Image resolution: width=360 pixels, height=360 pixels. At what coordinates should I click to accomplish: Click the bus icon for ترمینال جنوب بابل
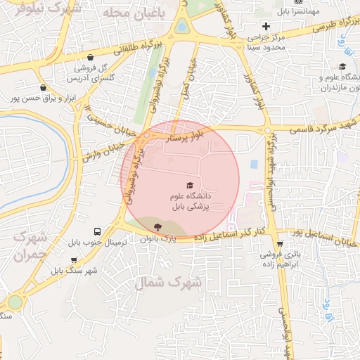pos(97,231)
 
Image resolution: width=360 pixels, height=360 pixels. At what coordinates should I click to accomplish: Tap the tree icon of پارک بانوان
pos(156,226)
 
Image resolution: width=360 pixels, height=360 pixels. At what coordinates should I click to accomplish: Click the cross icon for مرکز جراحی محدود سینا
pos(265,27)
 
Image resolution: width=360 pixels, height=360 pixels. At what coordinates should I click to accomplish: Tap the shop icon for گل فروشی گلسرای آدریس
pos(89,58)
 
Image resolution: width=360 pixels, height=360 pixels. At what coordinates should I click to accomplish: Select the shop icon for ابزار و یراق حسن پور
pos(44,87)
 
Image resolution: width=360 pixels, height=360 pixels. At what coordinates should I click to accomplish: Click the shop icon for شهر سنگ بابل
pos(55,269)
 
